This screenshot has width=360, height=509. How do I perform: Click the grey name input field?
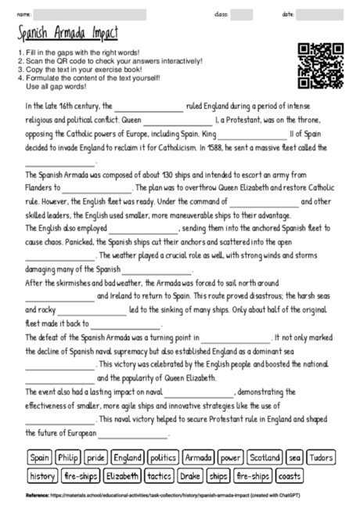(90, 14)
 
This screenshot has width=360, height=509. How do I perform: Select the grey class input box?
(242, 14)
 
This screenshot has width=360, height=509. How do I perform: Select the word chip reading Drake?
(192, 475)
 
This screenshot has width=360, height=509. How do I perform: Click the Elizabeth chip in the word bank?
(122, 475)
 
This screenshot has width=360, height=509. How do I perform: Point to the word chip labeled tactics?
(160, 475)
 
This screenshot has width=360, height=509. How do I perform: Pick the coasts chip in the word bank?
(289, 475)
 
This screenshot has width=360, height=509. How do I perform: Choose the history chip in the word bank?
(41, 475)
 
